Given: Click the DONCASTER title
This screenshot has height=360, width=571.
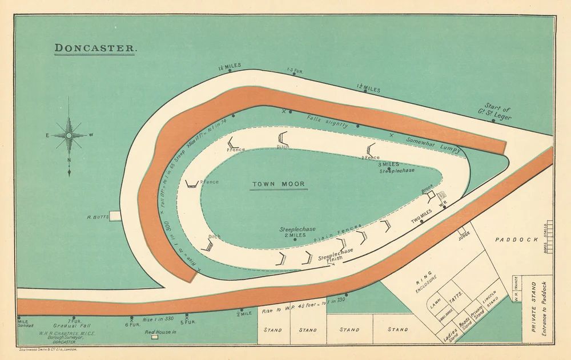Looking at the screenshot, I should tap(95, 48).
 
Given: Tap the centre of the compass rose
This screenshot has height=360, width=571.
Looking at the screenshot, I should tap(69, 135).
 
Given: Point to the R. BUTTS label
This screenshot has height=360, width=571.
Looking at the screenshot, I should tap(97, 217).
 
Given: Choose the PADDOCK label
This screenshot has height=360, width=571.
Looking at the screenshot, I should tap(516, 240).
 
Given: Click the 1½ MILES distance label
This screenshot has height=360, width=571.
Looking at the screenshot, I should tap(368, 89).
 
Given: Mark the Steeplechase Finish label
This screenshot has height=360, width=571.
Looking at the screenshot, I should tap(335, 254).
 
